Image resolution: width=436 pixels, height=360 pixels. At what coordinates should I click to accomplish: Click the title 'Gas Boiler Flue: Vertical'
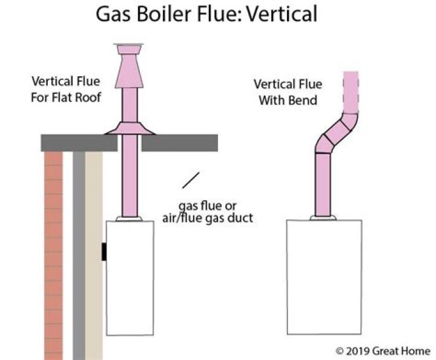click(206, 13)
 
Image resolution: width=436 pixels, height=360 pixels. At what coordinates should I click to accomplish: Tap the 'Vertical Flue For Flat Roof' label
click(66, 89)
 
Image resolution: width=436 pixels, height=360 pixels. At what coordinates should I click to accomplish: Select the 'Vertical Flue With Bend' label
click(288, 92)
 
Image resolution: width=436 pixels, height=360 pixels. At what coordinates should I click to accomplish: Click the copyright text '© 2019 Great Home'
click(383, 350)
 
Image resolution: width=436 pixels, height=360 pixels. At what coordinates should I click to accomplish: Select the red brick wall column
click(54, 254)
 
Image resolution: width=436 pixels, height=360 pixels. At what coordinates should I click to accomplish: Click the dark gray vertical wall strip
click(79, 254)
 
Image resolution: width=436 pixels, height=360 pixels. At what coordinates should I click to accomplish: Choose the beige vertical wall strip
click(93, 254)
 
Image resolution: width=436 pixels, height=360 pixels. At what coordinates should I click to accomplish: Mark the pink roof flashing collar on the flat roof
click(129, 128)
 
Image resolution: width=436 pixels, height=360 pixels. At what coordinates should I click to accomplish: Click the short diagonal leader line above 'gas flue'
click(191, 180)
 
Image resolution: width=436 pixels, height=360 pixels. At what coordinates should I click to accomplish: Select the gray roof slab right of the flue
click(179, 143)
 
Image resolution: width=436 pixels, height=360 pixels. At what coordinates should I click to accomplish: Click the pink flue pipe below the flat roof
click(130, 182)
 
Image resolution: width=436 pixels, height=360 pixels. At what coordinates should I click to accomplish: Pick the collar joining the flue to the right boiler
click(323, 217)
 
